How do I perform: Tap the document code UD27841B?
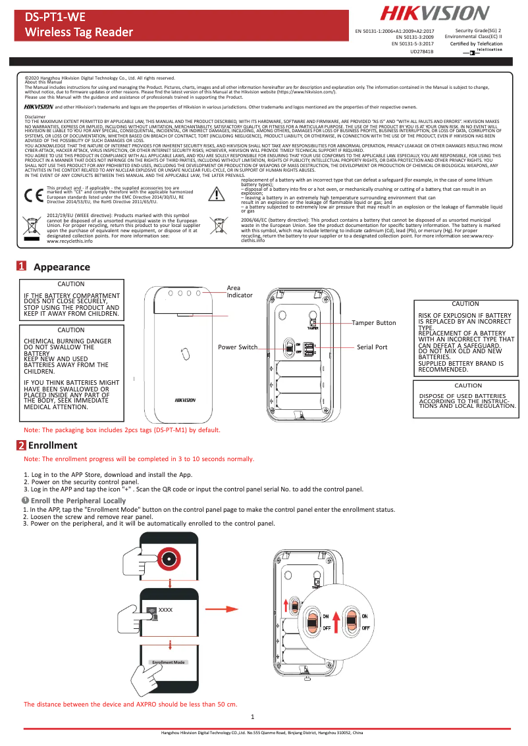[422, 51]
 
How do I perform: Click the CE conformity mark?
[33, 195]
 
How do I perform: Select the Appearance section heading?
[61, 267]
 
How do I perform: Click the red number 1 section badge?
[22, 267]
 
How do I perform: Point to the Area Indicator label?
[240, 291]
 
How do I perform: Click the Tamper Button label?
[373, 323]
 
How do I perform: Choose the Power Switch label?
[238, 347]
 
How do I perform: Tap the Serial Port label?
[372, 347]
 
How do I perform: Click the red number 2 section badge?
[22, 445]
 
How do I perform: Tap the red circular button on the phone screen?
[170, 559]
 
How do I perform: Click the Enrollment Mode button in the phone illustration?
[168, 662]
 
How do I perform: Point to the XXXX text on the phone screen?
[166, 610]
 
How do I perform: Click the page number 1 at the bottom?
[262, 716]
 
